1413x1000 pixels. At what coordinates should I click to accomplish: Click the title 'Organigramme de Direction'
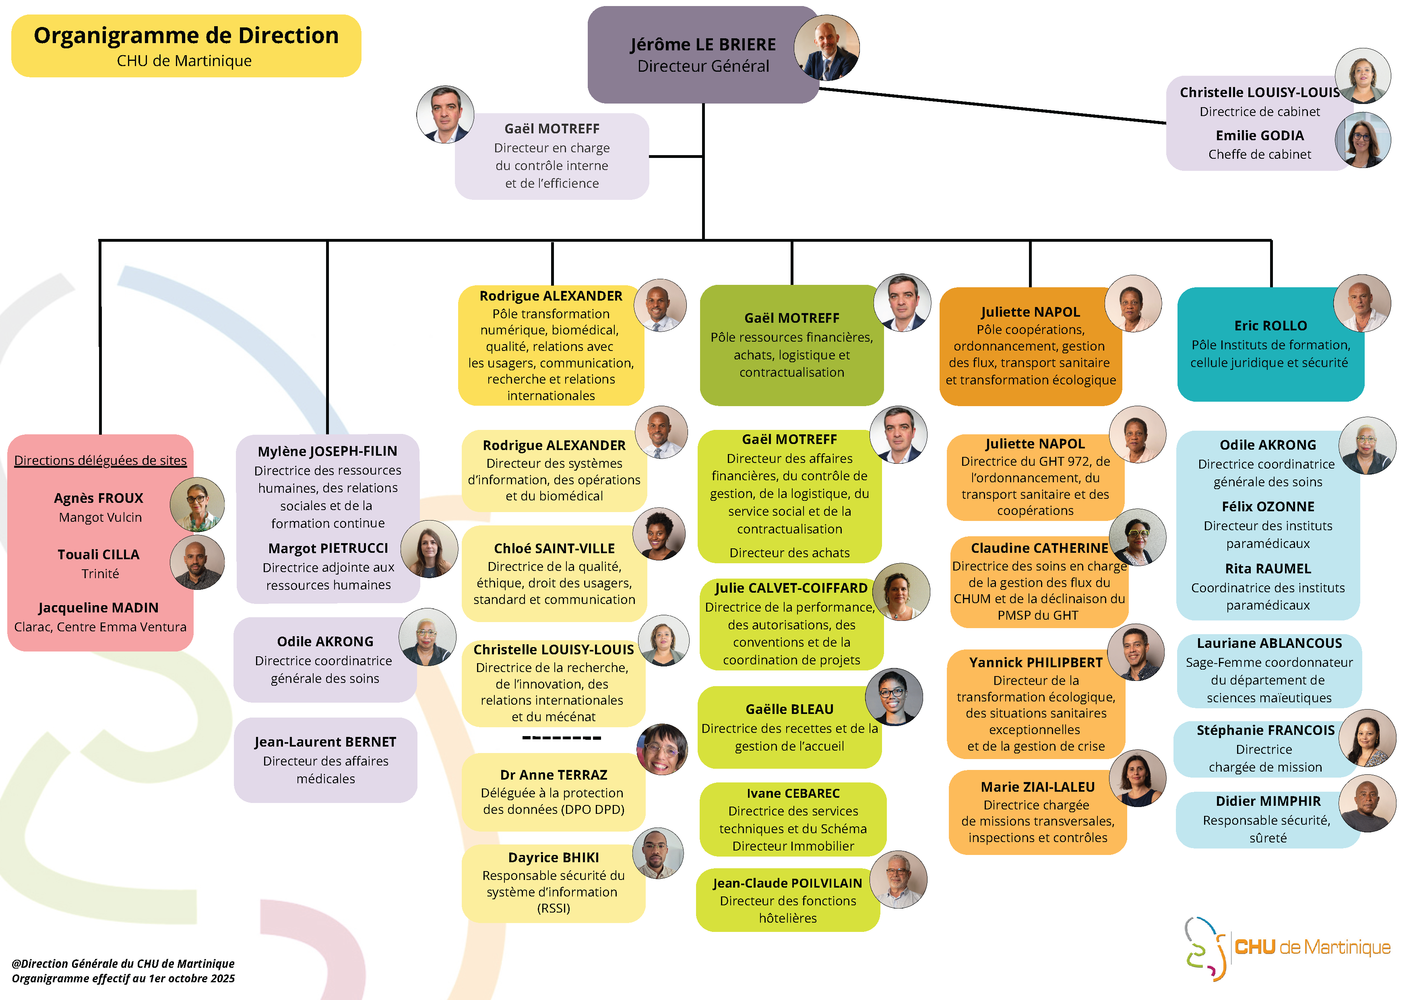click(186, 36)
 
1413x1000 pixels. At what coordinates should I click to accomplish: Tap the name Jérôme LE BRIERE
click(703, 44)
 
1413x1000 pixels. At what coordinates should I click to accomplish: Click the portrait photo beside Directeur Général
click(826, 48)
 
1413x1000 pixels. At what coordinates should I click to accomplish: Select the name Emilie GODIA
click(1259, 135)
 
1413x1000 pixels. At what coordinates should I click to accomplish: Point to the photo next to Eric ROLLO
click(1361, 303)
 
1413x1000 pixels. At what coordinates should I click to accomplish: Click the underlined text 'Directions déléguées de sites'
click(100, 461)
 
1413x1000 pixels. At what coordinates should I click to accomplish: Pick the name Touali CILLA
click(99, 554)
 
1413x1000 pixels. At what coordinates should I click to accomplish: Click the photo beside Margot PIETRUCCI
click(429, 549)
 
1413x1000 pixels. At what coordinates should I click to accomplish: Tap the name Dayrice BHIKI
click(553, 857)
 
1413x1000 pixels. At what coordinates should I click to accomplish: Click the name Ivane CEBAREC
click(793, 793)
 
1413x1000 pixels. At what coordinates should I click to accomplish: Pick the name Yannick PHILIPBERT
click(1036, 662)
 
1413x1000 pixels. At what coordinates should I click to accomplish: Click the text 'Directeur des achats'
click(789, 553)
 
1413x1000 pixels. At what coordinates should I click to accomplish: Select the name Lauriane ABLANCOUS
click(1269, 643)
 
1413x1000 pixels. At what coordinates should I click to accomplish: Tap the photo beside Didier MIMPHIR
click(1367, 803)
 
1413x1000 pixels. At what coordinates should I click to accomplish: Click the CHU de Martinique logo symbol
click(1205, 948)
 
